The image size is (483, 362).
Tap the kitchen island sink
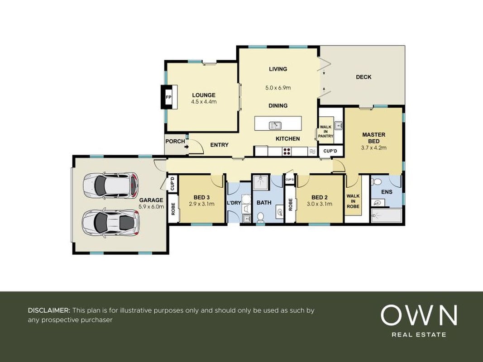click(x=275, y=125)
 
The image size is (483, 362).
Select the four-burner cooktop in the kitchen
click(x=287, y=151)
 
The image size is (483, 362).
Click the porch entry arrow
click(x=187, y=147)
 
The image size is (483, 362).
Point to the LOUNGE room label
click(x=204, y=95)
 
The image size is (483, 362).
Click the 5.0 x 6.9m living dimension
click(x=278, y=88)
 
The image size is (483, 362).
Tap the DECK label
click(x=363, y=77)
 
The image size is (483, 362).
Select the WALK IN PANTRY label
click(x=325, y=131)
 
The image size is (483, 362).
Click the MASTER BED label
click(x=373, y=138)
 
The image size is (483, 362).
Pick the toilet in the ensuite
click(x=376, y=181)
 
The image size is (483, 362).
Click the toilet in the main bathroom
click(x=261, y=217)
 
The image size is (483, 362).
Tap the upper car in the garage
click(x=110, y=186)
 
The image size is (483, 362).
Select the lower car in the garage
click(x=110, y=223)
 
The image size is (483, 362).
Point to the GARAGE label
click(x=151, y=200)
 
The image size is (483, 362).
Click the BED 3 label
click(x=202, y=197)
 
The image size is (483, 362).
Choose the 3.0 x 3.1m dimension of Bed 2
click(x=320, y=204)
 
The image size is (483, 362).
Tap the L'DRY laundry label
click(x=234, y=203)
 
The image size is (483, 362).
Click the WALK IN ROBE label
click(x=353, y=201)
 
